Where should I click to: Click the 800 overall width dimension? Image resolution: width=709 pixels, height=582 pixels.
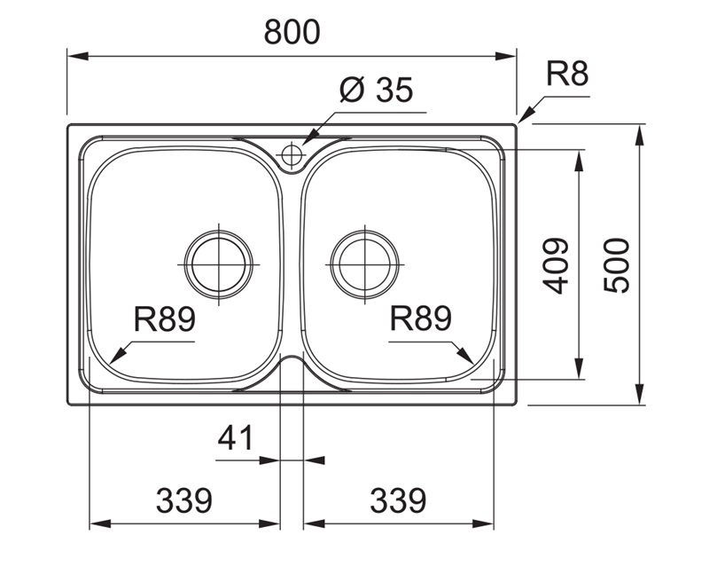[292, 33]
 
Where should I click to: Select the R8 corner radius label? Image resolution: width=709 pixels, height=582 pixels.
[567, 75]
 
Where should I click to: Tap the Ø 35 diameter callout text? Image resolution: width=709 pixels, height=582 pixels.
[377, 90]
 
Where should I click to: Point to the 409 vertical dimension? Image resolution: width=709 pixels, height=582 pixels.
[555, 265]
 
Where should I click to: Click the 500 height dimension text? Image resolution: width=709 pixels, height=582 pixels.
[616, 265]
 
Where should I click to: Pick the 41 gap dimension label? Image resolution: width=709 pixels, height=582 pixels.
[236, 437]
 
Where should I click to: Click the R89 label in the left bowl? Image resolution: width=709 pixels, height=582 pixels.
[165, 319]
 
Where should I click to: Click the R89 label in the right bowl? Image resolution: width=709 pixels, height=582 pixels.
[422, 319]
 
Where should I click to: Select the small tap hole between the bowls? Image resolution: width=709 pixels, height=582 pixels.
[292, 157]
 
